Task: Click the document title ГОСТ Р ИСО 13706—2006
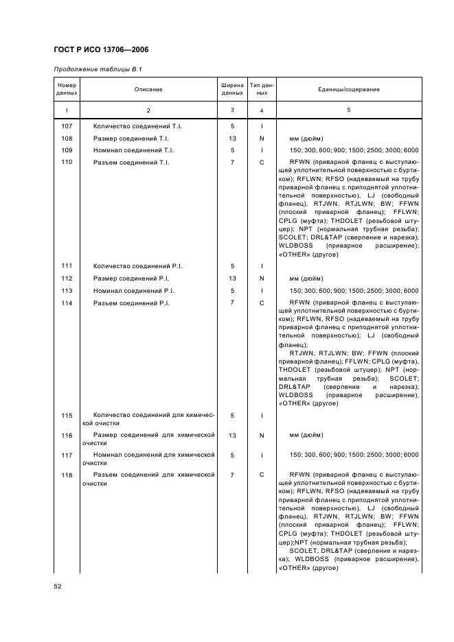click(x=101, y=50)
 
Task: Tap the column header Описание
click(x=148, y=90)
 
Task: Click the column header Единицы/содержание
click(x=348, y=90)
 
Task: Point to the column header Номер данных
click(x=67, y=90)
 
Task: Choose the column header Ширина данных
click(x=232, y=90)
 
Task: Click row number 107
click(x=67, y=126)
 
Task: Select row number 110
click(x=67, y=162)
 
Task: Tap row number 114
click(x=67, y=302)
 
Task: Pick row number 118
click(x=67, y=475)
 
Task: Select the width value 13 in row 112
click(x=232, y=278)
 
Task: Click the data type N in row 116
click(x=262, y=436)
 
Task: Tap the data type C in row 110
click(x=262, y=162)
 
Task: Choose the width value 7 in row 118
click(x=232, y=475)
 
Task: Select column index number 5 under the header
click(x=348, y=110)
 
